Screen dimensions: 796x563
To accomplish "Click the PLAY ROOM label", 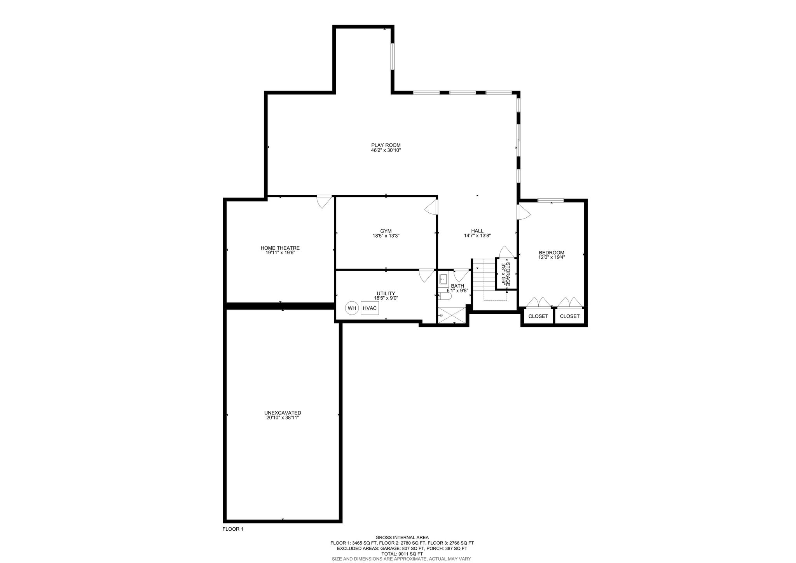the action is pyautogui.click(x=386, y=145).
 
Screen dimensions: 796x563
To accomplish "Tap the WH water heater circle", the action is pyautogui.click(x=352, y=308).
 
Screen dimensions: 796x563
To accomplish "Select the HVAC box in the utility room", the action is pyautogui.click(x=370, y=308).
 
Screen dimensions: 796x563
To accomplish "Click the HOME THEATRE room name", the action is pyautogui.click(x=280, y=248).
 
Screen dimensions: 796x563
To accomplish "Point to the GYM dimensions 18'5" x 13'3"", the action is pyautogui.click(x=386, y=236).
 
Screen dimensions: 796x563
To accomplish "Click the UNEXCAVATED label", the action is pyautogui.click(x=283, y=413).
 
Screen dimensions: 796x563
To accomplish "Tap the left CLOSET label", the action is pyautogui.click(x=538, y=316).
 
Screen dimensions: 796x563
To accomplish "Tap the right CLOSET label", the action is pyautogui.click(x=569, y=316).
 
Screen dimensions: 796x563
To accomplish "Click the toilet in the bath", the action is pyautogui.click(x=445, y=296).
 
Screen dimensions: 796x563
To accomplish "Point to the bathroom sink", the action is pyautogui.click(x=443, y=279).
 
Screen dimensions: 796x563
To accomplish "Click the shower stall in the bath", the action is pyautogui.click(x=451, y=315).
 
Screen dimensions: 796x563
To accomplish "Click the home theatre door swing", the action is pyautogui.click(x=325, y=201).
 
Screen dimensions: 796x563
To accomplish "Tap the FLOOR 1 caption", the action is pyautogui.click(x=233, y=529).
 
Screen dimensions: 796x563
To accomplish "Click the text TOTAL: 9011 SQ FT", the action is pyautogui.click(x=402, y=554).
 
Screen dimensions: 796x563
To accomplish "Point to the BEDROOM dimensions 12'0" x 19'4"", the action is pyautogui.click(x=551, y=257).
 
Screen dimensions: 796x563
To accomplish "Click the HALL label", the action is pyautogui.click(x=477, y=231).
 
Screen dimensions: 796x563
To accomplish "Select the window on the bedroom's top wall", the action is pyautogui.click(x=550, y=201).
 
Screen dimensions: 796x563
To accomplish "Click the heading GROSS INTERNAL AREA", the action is pyautogui.click(x=402, y=537).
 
